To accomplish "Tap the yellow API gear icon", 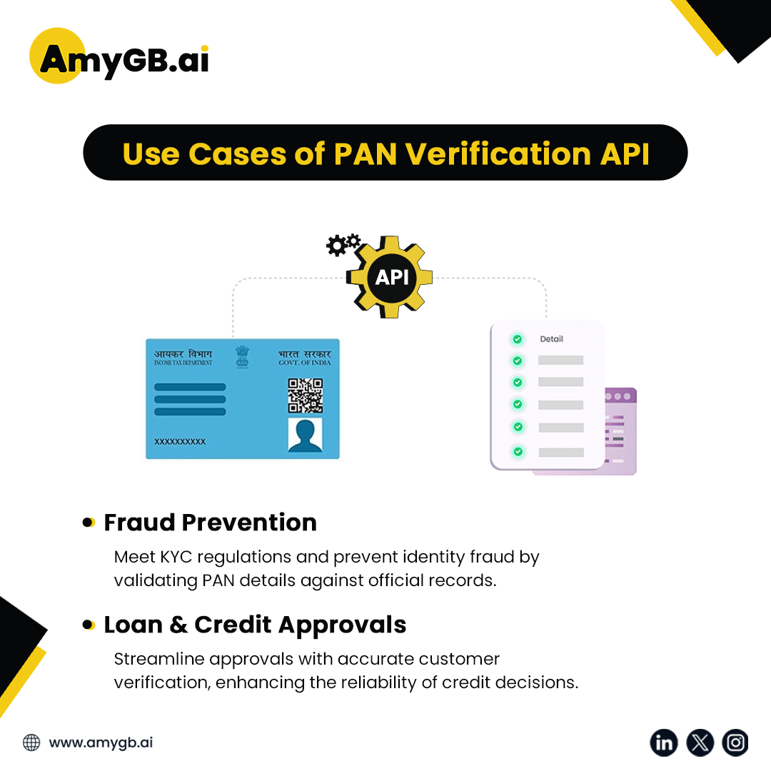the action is pyautogui.click(x=391, y=277).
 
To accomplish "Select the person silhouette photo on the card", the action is pyautogui.click(x=305, y=435).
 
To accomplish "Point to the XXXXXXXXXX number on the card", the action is pyautogui.click(x=180, y=442).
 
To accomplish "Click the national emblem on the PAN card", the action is pyautogui.click(x=243, y=357).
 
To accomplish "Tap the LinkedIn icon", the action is pyautogui.click(x=664, y=742).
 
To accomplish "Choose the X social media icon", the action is pyautogui.click(x=700, y=742).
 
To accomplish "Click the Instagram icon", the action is pyautogui.click(x=735, y=742).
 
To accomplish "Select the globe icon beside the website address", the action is pyautogui.click(x=31, y=742).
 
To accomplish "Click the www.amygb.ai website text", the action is pyautogui.click(x=101, y=742).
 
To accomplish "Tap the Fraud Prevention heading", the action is pyautogui.click(x=210, y=523).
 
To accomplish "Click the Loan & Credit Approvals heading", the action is pyautogui.click(x=255, y=625).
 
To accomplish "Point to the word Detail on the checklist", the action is pyautogui.click(x=551, y=339).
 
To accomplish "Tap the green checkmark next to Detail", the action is pyautogui.click(x=518, y=339).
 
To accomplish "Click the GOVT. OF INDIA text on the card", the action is pyautogui.click(x=304, y=363).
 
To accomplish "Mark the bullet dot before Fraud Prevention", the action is pyautogui.click(x=89, y=523).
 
